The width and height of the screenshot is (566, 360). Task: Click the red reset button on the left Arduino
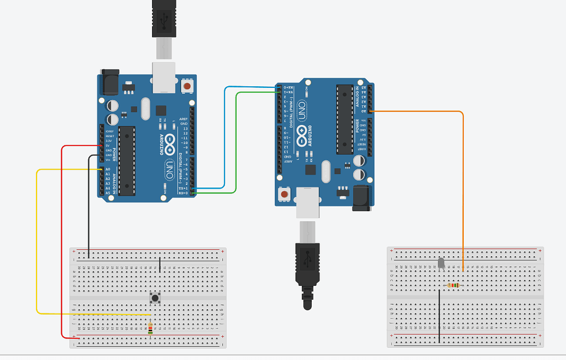pos(188,87)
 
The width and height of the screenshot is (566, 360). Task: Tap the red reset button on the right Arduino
pos(285,194)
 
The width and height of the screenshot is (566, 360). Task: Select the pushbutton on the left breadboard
pos(156,298)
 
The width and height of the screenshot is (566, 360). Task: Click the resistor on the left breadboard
pos(150,328)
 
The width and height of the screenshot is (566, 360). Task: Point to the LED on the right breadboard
pos(441,263)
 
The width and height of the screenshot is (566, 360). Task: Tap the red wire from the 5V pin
pos(61,243)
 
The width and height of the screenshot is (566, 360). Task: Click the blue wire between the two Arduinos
pos(224,138)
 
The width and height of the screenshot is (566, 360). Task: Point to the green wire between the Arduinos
pos(237,144)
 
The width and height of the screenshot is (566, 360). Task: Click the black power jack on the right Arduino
pos(363,197)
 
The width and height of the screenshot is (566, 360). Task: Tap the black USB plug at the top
pos(165,18)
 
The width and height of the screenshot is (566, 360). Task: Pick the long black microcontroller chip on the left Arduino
pos(127,160)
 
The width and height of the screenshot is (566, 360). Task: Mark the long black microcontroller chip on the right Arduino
pos(344,119)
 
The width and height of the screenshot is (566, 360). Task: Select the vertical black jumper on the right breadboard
pos(439,315)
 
